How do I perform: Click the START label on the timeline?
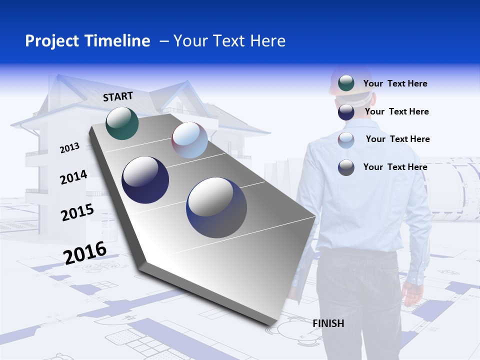[x=118, y=96]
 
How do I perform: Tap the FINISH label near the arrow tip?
[x=328, y=323]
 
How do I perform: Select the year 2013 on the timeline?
[x=69, y=148]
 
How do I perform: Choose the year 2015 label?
[x=77, y=212]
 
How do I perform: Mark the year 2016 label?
[x=85, y=252]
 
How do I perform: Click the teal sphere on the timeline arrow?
[x=122, y=123]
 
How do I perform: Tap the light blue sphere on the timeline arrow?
[x=189, y=140]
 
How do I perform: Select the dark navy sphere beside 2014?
[x=145, y=180]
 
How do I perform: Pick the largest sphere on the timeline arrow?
[x=216, y=207]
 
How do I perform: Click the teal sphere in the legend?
[x=346, y=83]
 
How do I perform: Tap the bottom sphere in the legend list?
[x=346, y=167]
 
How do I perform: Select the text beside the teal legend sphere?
[x=395, y=83]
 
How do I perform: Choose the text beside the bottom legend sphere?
[x=395, y=167]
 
